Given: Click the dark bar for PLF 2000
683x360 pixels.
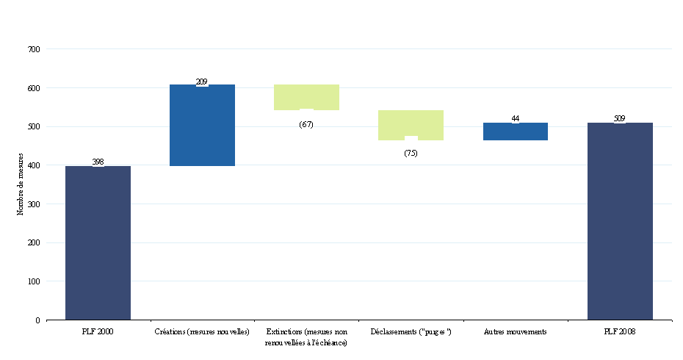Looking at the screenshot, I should (x=98, y=242).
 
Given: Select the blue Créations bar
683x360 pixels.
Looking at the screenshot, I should (x=202, y=125).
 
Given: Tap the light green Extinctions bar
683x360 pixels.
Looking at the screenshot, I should (x=306, y=96).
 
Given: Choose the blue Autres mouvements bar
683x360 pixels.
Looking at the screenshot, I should (x=516, y=132).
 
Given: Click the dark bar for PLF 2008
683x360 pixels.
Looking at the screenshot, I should (x=620, y=220).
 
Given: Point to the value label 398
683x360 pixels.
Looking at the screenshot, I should (x=98, y=162).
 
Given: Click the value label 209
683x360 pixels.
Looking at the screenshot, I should (x=202, y=82).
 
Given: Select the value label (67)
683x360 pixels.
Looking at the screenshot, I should (x=306, y=124).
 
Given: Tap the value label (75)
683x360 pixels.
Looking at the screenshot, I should (x=411, y=153).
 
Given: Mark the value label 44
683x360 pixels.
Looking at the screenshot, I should (x=516, y=118).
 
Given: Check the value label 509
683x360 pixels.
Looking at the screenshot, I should (x=620, y=118).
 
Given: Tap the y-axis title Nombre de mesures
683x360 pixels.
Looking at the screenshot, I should (x=20, y=184).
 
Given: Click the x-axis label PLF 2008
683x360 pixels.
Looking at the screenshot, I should (x=620, y=332).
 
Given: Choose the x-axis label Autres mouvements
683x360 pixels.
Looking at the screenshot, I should (x=516, y=332).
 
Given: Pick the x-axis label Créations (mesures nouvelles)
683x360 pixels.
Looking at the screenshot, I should (x=202, y=332).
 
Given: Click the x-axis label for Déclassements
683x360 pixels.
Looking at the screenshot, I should (x=411, y=332).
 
